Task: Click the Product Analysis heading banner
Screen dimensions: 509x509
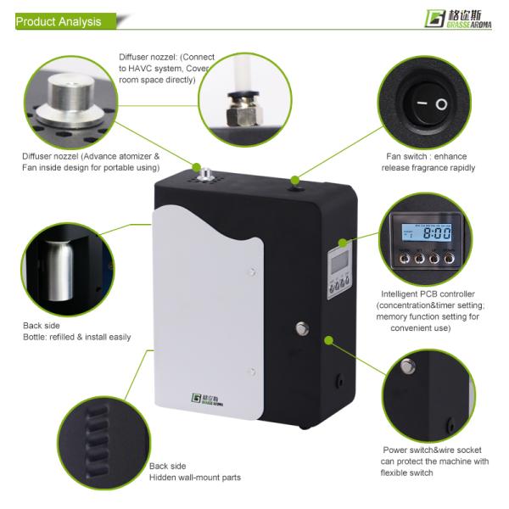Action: [x=65, y=21]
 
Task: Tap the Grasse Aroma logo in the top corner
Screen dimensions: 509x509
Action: [x=458, y=19]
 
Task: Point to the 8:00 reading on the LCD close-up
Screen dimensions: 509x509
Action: [x=437, y=233]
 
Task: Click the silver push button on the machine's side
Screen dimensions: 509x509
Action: [x=302, y=328]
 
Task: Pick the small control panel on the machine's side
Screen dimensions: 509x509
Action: [x=339, y=271]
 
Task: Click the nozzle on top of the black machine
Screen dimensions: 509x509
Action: [x=205, y=174]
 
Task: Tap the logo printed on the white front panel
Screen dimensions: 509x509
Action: [x=207, y=400]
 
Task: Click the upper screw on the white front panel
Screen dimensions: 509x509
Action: [x=252, y=271]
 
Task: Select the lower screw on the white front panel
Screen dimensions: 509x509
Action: [x=252, y=372]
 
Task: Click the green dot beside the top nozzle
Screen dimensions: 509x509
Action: [x=196, y=167]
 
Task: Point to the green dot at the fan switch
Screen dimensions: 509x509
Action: [x=294, y=180]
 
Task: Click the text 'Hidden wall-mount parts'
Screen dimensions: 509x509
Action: [x=195, y=478]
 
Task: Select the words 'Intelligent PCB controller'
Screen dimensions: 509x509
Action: [x=428, y=294]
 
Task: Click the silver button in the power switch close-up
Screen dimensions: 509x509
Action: [x=408, y=366]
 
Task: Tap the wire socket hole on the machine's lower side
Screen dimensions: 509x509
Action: [x=340, y=379]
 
